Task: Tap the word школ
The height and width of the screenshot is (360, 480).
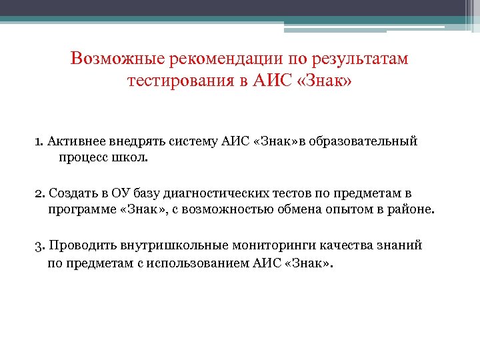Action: pos(135,158)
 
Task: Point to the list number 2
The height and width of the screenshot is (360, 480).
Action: pos(39,194)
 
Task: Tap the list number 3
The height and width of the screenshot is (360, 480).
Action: pos(39,246)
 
